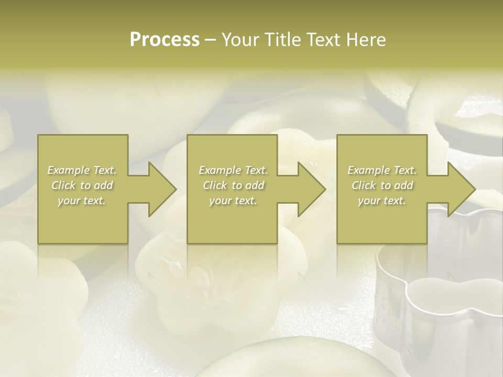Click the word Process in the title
pos(165,40)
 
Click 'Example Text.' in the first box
pos(82,170)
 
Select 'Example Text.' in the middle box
pos(233,170)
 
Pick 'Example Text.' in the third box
pos(382,170)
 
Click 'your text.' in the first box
pos(82,201)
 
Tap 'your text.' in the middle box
pos(233,201)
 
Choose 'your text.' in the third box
pos(382,201)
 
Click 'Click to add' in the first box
pos(82,185)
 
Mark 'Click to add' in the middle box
pos(233,185)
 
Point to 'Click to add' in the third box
pos(382,185)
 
